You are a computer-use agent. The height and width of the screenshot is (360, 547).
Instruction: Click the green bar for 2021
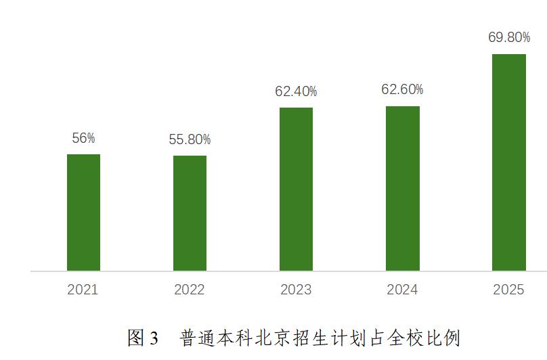(x=83, y=212)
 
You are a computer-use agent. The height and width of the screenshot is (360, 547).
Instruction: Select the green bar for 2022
(x=190, y=213)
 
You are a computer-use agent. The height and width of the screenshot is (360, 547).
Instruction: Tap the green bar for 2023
(x=296, y=189)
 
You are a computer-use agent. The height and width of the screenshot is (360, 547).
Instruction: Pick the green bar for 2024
(x=403, y=189)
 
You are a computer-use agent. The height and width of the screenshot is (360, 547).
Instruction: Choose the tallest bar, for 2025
(x=509, y=162)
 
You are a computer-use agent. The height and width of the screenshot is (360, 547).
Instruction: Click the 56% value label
(x=83, y=138)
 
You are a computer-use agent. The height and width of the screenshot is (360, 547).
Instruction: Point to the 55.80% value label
(x=190, y=140)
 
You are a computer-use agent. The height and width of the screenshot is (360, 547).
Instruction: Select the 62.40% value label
(x=296, y=91)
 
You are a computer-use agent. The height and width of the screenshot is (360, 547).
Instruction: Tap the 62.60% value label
(x=402, y=89)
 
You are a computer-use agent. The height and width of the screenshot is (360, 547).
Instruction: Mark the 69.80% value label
(x=509, y=38)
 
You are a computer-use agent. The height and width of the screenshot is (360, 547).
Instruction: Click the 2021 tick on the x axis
(x=83, y=290)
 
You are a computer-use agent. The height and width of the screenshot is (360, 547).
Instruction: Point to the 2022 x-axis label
(x=190, y=290)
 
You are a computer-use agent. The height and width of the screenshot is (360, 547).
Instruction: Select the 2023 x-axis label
(x=296, y=290)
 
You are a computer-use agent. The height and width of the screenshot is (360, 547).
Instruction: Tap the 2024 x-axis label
(x=402, y=290)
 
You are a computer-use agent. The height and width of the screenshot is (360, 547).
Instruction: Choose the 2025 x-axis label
(x=508, y=290)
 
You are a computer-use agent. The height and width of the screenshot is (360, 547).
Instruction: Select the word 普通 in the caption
(x=196, y=338)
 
